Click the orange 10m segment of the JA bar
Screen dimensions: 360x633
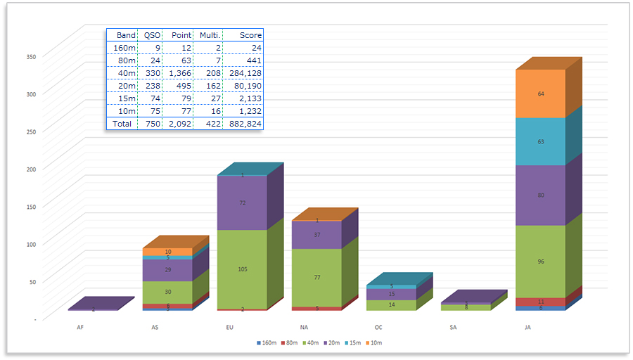pyautogui.click(x=540, y=94)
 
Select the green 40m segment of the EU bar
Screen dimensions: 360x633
pyautogui.click(x=242, y=269)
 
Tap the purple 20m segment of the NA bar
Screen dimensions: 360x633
pyautogui.click(x=316, y=235)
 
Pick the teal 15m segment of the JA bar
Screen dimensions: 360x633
pyautogui.click(x=540, y=141)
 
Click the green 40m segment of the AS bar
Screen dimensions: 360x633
pyautogui.click(x=167, y=292)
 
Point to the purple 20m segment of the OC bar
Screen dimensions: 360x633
pyautogui.click(x=391, y=295)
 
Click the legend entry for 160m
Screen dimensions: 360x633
pyautogui.click(x=267, y=343)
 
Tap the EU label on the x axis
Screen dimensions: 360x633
pyautogui.click(x=230, y=328)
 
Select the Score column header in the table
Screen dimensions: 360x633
pyautogui.click(x=250, y=35)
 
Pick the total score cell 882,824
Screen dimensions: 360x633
pyautogui.click(x=243, y=124)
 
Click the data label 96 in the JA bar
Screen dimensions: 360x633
pyautogui.click(x=540, y=262)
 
